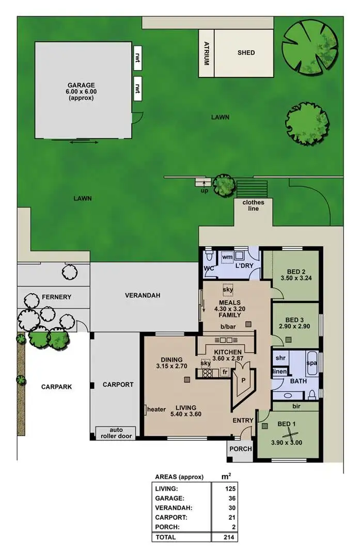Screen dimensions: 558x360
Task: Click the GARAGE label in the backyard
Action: point(82,85)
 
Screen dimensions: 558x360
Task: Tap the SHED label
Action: point(246,53)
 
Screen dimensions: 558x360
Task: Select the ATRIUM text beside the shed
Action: point(206,53)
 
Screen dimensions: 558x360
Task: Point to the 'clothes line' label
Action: point(253,205)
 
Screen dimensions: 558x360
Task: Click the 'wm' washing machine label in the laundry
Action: point(227,256)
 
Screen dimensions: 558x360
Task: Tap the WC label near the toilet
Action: point(209,268)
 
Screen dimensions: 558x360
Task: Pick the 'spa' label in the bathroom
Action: point(311,363)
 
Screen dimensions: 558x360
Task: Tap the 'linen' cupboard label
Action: point(279,372)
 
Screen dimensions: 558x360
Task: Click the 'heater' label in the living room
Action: point(156,410)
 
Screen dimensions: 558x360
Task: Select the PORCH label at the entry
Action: point(240,449)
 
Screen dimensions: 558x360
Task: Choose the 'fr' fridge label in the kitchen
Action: point(225,371)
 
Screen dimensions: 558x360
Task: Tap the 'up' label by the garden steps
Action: point(204,190)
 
